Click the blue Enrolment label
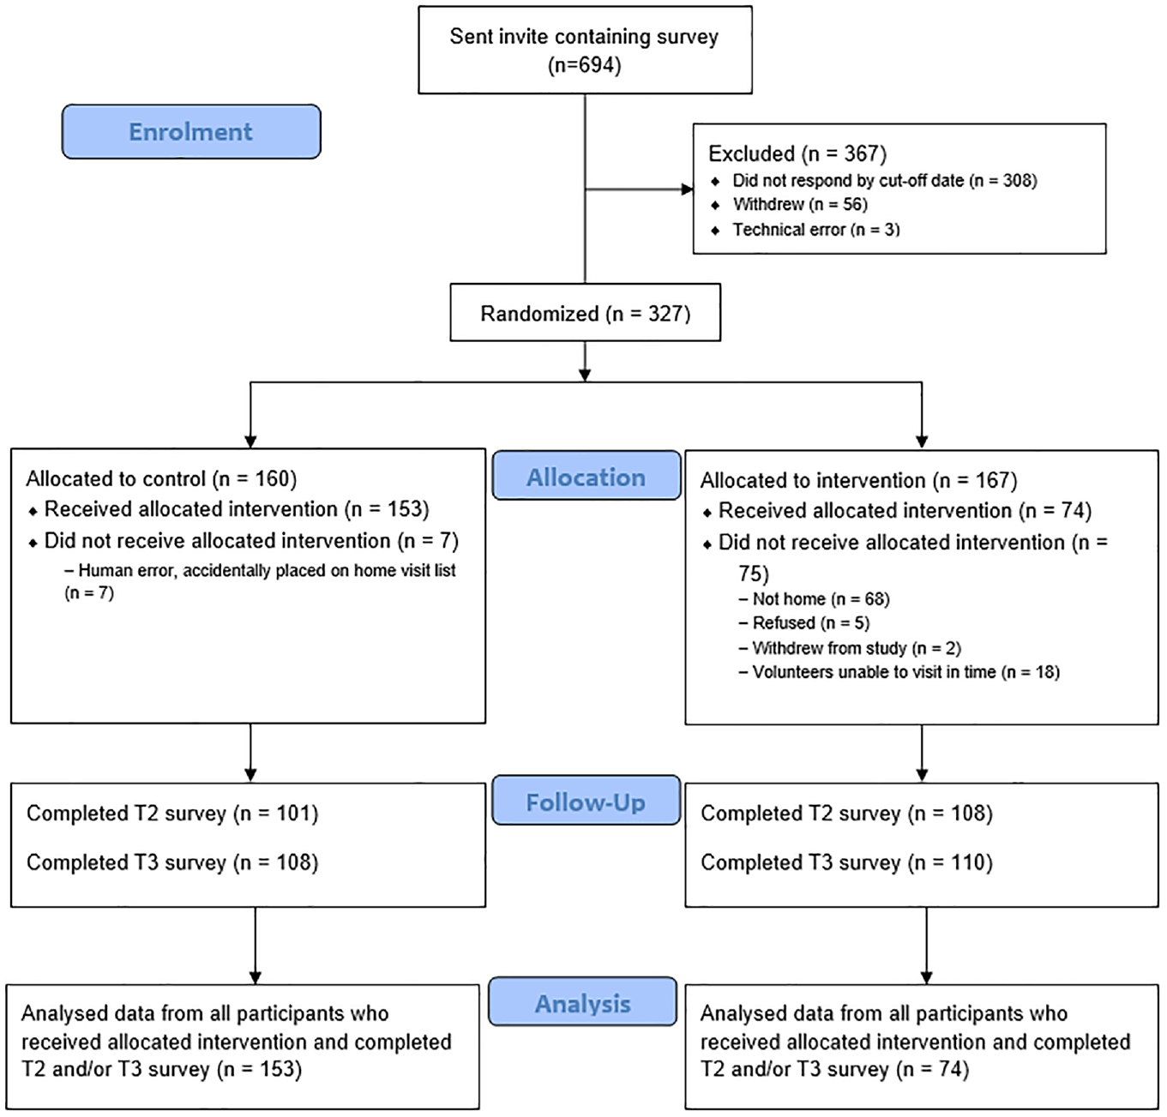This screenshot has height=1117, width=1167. (191, 132)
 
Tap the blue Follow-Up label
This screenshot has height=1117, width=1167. (586, 801)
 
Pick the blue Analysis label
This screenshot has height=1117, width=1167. (582, 1003)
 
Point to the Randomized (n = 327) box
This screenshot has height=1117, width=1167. (586, 312)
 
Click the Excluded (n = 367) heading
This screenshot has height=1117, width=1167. (797, 154)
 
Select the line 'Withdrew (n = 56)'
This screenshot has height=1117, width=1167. (800, 204)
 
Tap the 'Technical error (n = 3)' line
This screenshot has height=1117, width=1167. (816, 230)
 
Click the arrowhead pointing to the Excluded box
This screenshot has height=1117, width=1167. (687, 189)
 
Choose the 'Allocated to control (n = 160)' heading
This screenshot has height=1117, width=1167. (161, 478)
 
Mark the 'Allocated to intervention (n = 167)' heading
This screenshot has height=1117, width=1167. (859, 480)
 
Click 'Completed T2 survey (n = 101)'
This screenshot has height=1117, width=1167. (172, 814)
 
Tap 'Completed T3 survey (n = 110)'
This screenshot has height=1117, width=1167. (847, 862)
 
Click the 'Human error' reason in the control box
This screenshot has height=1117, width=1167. (261, 581)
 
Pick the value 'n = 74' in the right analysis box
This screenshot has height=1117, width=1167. (933, 1069)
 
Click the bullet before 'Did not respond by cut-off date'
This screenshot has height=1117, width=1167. (715, 181)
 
